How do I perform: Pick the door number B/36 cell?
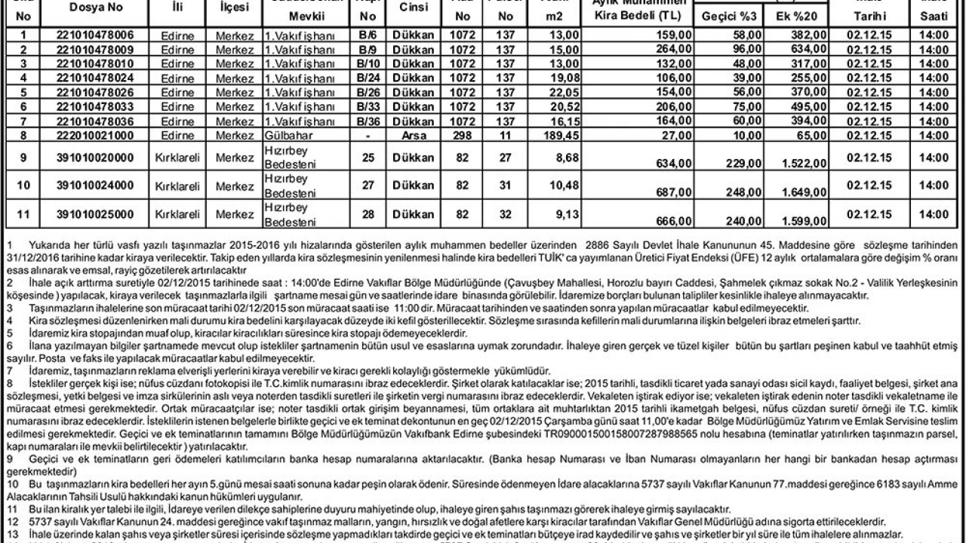[x=368, y=121]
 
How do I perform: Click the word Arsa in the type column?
[x=414, y=135]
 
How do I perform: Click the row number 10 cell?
[x=26, y=186]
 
